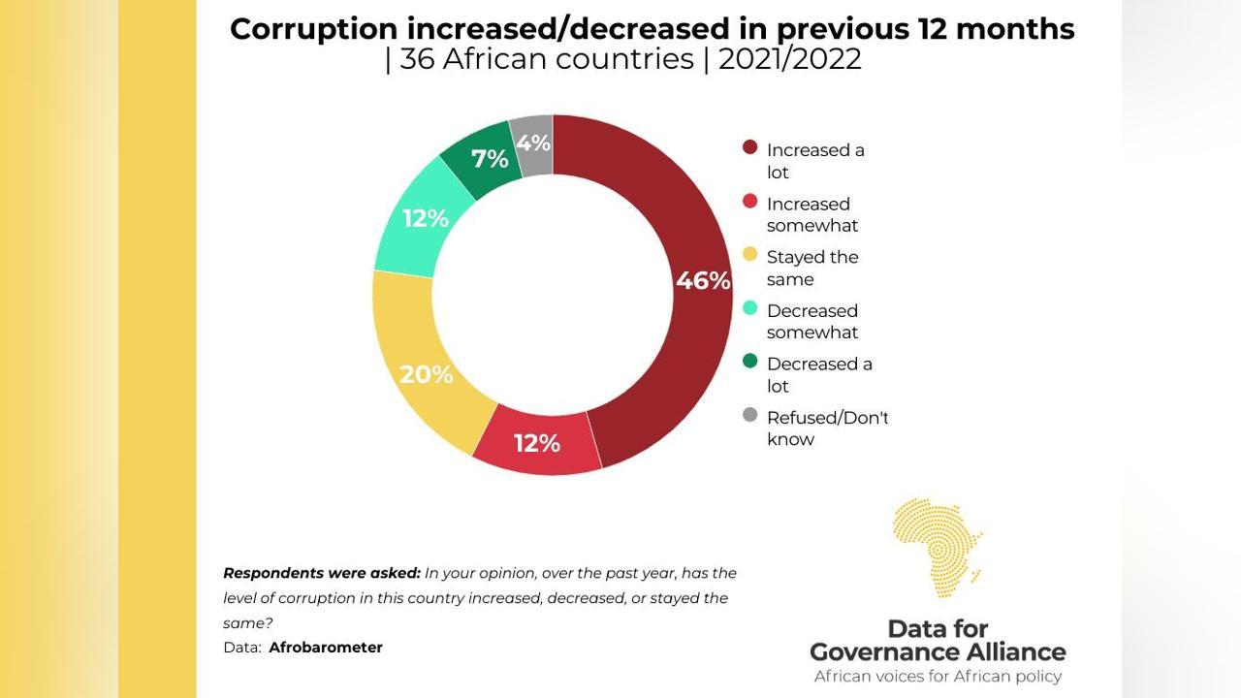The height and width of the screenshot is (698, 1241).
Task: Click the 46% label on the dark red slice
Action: coord(703,281)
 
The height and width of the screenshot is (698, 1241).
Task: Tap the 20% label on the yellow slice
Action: coord(427,374)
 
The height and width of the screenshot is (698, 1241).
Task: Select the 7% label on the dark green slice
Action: coord(490,159)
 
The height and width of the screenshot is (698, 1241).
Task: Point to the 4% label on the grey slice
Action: coord(533,143)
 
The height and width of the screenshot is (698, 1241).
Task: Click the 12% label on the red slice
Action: coord(537,443)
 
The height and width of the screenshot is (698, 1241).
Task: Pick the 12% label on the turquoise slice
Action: coord(426,219)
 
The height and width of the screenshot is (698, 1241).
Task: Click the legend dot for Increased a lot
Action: coord(749,148)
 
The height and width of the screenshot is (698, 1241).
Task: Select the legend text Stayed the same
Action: coord(812,269)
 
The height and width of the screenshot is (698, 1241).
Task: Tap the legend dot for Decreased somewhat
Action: coord(749,308)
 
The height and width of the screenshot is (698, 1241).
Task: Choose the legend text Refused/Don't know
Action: coord(827,428)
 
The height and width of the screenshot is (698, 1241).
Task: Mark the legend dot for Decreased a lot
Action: coord(749,362)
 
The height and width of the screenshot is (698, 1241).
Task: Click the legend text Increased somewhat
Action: coord(812,214)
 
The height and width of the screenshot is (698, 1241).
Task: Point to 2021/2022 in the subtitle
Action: coord(789,59)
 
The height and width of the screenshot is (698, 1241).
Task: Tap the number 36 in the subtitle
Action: coord(416,59)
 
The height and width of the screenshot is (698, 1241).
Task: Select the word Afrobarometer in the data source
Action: coord(326,648)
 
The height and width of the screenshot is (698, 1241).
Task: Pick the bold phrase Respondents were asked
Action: coord(322,573)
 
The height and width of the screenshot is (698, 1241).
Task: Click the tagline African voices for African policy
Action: coord(938,677)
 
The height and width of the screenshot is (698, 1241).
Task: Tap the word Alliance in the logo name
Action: coord(1004,651)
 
